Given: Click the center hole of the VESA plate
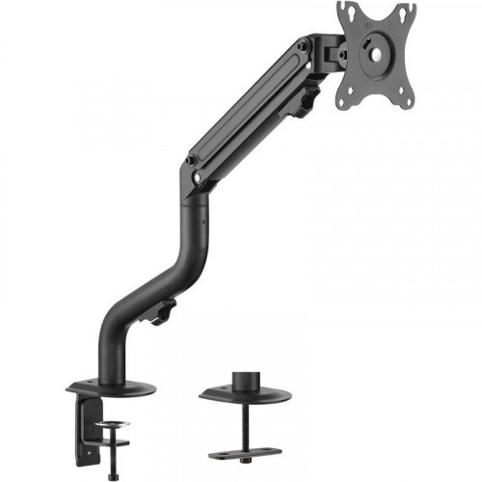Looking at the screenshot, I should tap(375, 55).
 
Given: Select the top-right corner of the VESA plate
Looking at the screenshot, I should tap(410, 8).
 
